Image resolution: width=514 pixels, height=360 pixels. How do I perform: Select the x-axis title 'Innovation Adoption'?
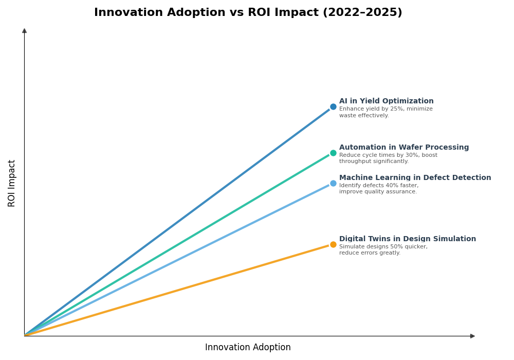click(248, 348)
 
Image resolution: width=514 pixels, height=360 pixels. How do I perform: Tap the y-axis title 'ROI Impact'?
click(12, 183)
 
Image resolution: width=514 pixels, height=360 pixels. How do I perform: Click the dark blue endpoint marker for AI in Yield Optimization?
click(333, 107)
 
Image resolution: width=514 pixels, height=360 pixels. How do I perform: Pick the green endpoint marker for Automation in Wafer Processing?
click(333, 153)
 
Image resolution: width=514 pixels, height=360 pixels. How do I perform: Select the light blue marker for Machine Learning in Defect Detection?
click(333, 184)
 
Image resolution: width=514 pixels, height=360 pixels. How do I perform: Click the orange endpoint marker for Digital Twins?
click(333, 245)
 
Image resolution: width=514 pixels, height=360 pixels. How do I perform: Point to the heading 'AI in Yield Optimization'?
click(386, 101)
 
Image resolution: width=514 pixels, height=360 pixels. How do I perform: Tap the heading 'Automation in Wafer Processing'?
click(403, 148)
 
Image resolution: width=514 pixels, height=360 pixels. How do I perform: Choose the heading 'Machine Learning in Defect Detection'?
click(415, 178)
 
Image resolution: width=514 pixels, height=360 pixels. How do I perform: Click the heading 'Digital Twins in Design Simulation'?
click(407, 239)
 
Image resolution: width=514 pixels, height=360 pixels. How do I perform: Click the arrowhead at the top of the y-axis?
click(24, 31)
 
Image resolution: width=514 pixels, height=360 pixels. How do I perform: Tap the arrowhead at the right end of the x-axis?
click(472, 336)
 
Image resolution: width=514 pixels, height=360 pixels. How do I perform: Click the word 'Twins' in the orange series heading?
click(375, 239)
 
